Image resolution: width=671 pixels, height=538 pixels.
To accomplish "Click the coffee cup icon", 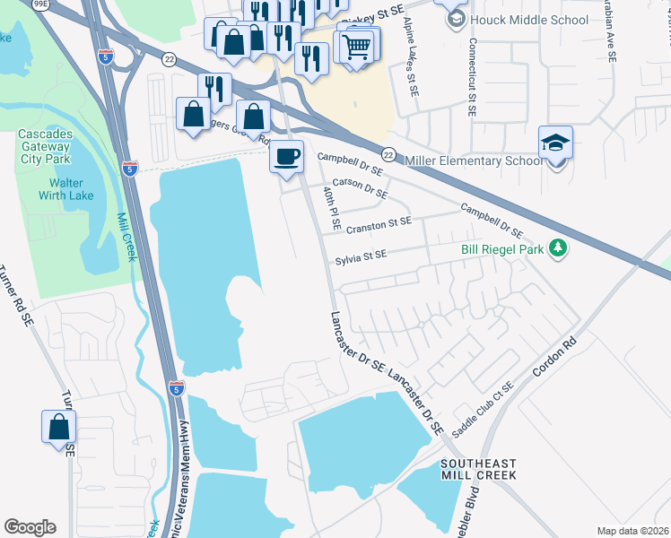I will point(287,157).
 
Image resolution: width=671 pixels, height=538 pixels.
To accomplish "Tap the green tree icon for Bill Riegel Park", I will point(558,247).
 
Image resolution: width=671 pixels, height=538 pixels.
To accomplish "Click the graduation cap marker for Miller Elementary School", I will point(555,143).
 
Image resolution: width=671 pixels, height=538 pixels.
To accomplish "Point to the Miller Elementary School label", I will point(474,161).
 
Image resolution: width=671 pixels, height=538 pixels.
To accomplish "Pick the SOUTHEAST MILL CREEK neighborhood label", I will point(479,471).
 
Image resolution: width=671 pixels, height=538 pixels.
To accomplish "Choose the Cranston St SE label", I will point(378,223).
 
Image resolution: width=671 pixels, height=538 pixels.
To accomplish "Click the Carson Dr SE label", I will point(363,187).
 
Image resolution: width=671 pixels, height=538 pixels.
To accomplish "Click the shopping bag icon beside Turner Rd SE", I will point(58,427).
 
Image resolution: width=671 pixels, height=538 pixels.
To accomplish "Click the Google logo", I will point(30,527).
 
